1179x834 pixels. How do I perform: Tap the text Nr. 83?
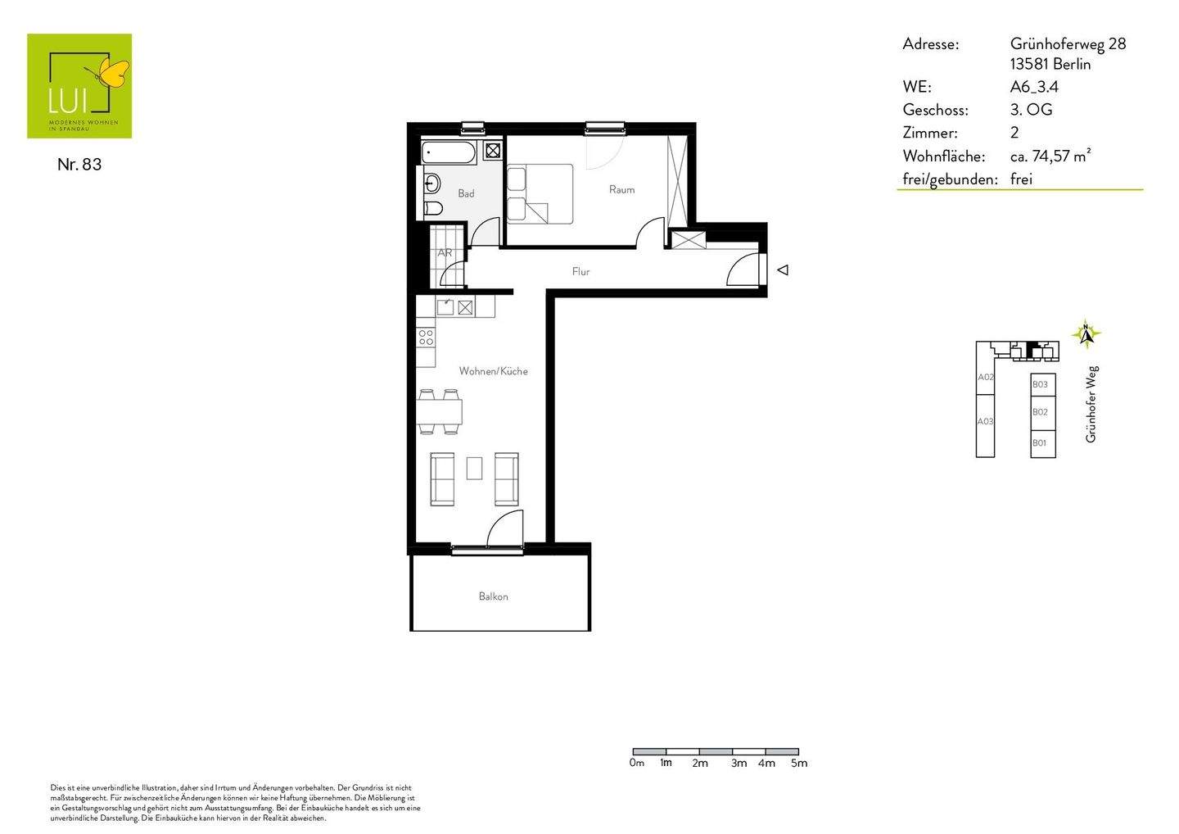tap(79, 165)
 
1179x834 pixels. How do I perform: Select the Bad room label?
tap(466, 193)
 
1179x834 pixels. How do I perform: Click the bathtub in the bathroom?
tap(449, 152)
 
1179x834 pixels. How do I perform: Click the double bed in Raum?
tap(540, 193)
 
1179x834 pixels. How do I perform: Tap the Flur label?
tap(580, 271)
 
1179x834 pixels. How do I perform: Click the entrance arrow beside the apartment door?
tap(783, 270)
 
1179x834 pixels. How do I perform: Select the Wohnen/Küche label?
tap(493, 371)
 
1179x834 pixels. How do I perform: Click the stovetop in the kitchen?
tap(426, 337)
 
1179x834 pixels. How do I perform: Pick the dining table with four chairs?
tap(440, 411)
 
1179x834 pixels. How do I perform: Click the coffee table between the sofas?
tap(475, 468)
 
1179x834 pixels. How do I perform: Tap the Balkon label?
tap(493, 596)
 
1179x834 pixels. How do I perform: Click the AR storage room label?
tap(445, 253)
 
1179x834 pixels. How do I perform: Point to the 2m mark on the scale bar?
tap(699, 763)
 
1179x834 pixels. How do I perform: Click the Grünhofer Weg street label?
tap(1091, 405)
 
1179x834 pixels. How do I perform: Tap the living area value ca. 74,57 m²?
tap(1050, 156)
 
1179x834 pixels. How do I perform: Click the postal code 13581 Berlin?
tap(1050, 65)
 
